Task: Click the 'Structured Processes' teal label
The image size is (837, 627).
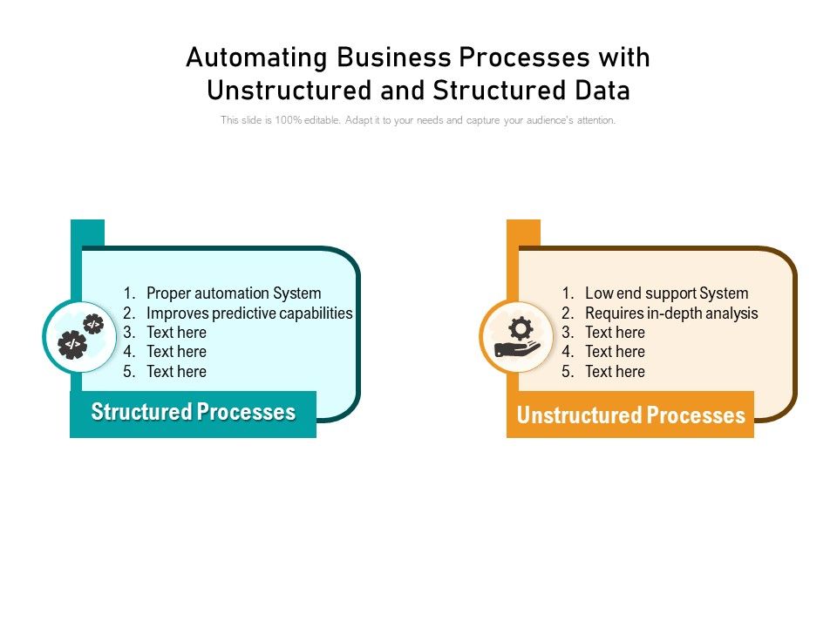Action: click(193, 413)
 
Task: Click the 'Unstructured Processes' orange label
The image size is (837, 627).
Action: click(630, 415)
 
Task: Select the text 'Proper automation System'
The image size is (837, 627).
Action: click(234, 293)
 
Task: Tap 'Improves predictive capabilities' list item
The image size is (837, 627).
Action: click(249, 313)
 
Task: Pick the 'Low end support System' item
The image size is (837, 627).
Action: click(666, 293)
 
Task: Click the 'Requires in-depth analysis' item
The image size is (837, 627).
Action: click(671, 313)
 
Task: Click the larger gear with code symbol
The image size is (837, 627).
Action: click(71, 345)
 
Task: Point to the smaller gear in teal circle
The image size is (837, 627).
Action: click(92, 324)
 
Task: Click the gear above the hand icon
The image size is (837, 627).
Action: click(521, 327)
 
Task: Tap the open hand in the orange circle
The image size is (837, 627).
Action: click(517, 350)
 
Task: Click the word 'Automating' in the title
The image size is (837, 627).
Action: click(257, 57)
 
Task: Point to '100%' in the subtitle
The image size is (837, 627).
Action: click(287, 120)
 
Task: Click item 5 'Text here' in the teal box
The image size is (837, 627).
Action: click(176, 372)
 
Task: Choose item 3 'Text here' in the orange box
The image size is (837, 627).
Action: click(615, 333)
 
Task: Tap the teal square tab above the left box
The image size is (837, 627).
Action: click(87, 233)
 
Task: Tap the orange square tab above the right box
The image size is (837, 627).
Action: click(523, 233)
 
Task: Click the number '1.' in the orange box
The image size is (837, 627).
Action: click(568, 293)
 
